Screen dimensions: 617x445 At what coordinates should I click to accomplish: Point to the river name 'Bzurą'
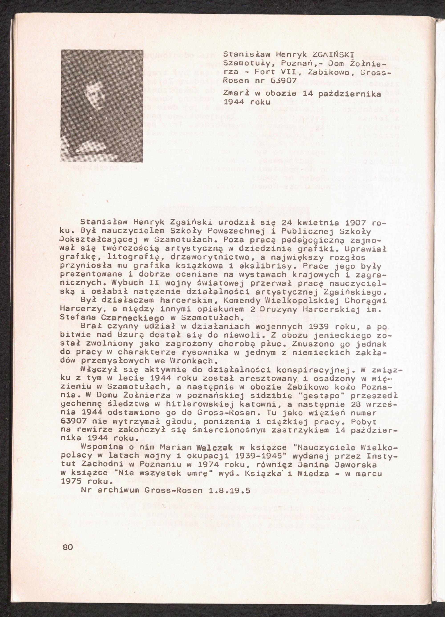click(127, 335)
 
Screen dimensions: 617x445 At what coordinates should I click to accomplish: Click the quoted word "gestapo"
click(323, 395)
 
